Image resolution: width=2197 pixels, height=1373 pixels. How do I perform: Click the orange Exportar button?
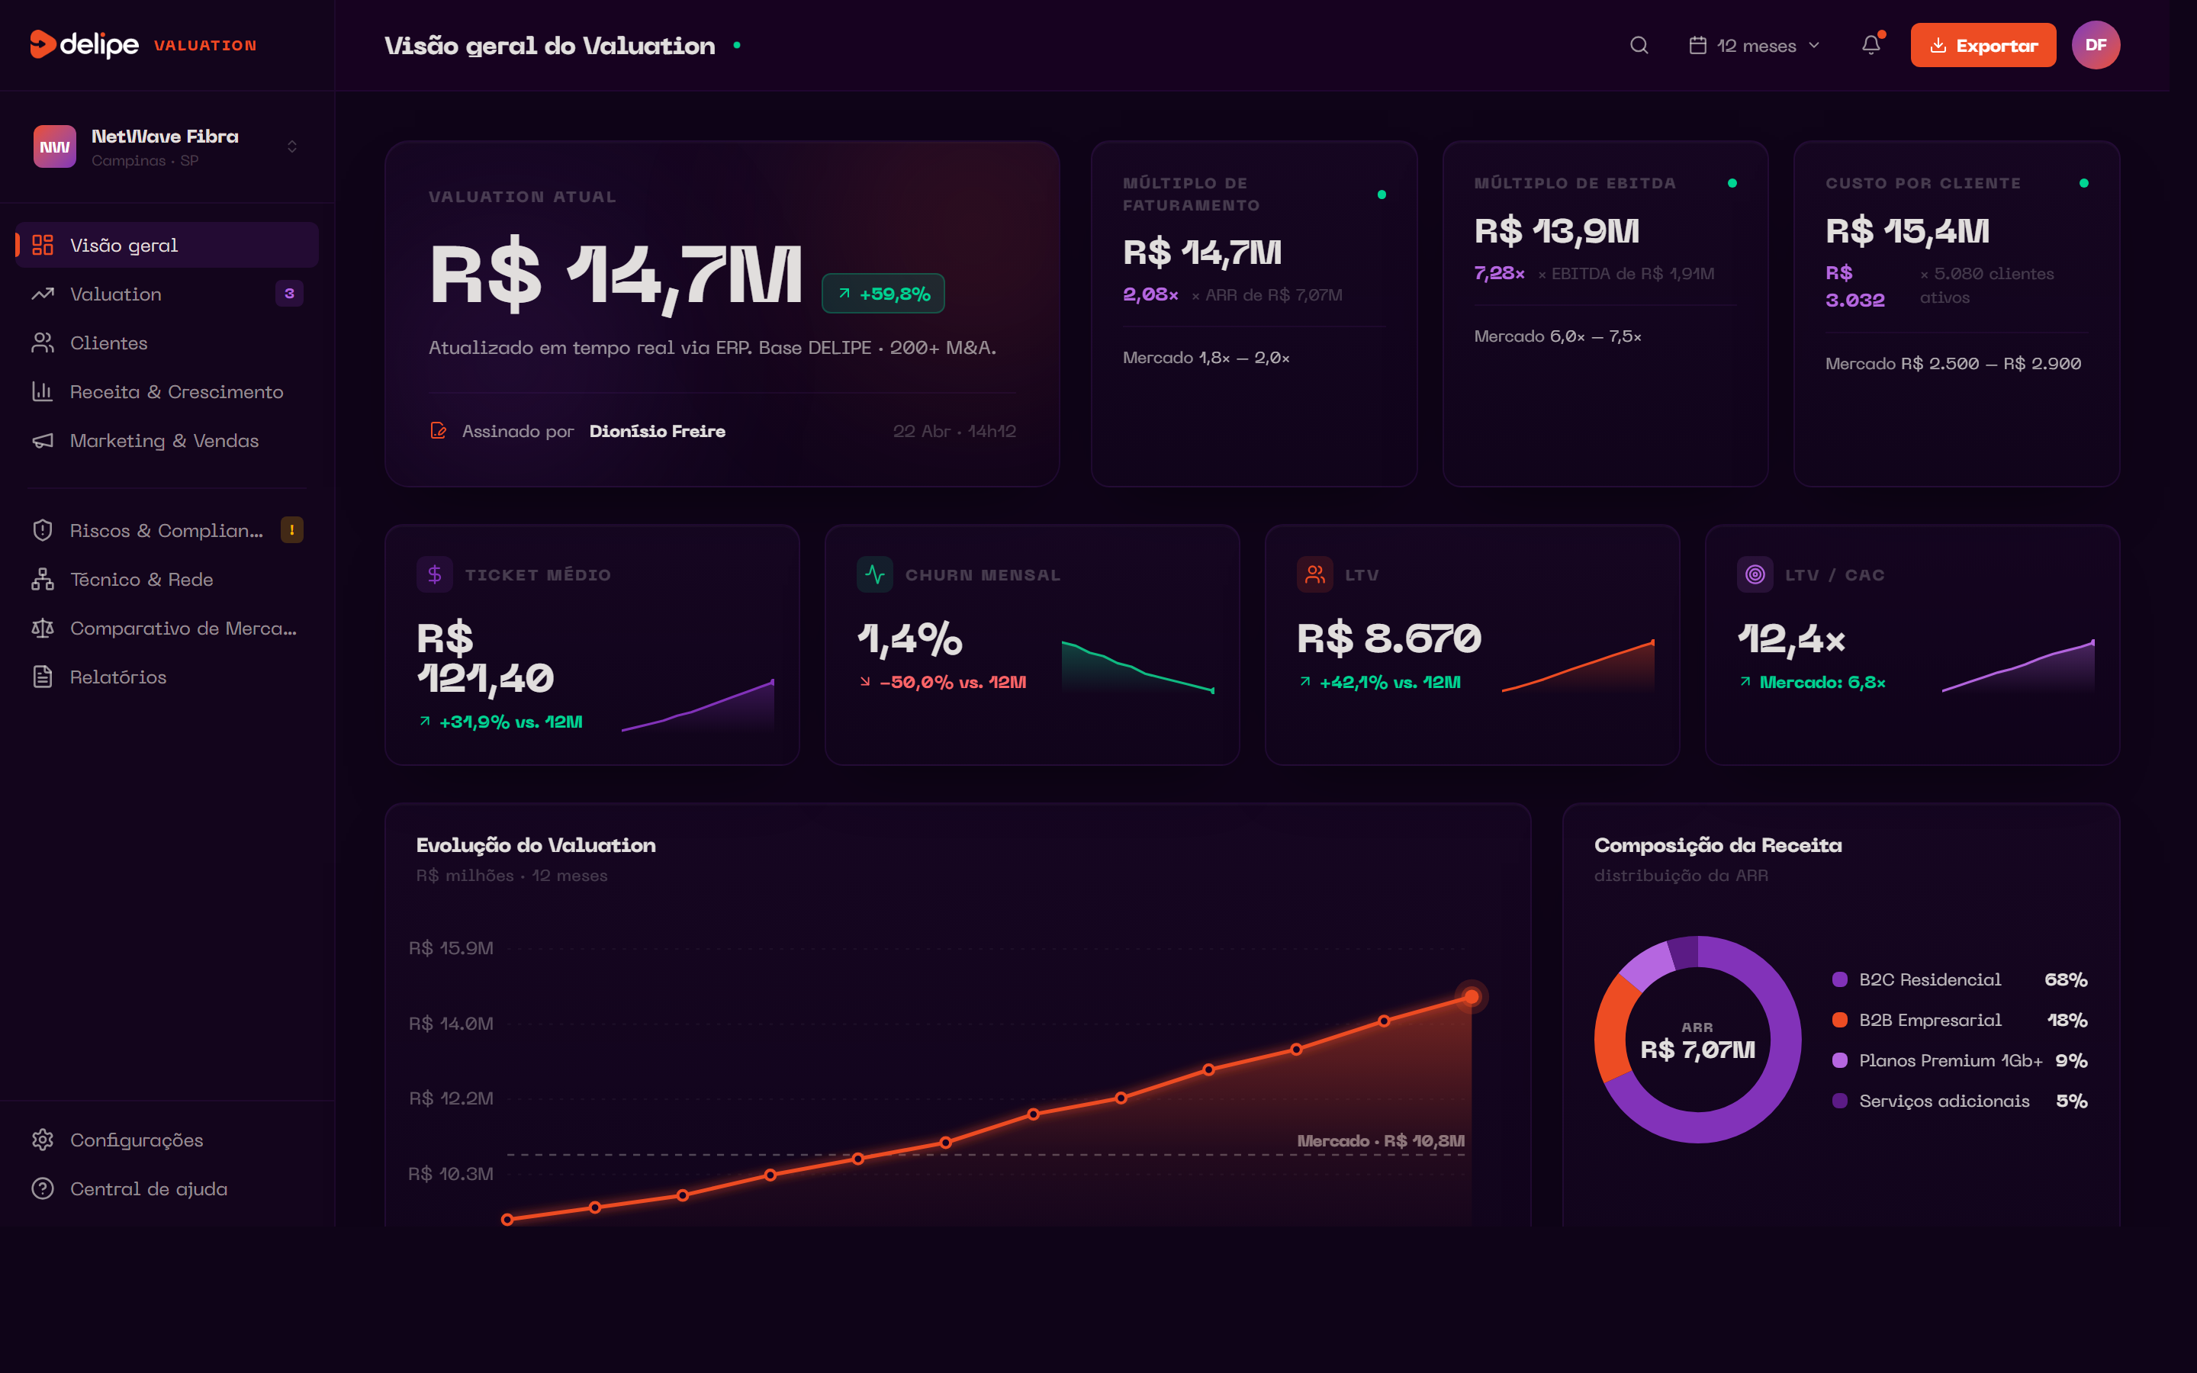point(1982,46)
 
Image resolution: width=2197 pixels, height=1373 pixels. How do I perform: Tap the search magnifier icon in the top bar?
point(1639,46)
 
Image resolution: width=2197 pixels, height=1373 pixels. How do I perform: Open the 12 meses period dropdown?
point(1754,46)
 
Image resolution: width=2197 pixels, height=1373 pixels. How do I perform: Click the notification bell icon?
point(1871,46)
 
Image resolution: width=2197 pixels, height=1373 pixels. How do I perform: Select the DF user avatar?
point(2096,46)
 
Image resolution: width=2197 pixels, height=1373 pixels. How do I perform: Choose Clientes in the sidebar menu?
point(108,343)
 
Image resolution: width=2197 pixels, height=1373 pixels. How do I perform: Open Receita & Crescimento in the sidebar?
point(176,392)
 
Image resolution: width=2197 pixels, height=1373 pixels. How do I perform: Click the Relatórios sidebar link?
point(118,677)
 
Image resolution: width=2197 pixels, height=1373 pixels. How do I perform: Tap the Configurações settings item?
point(137,1140)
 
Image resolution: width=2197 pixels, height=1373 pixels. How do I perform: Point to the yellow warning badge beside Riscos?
point(291,530)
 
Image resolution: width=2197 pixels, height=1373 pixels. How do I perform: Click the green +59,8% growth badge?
point(883,294)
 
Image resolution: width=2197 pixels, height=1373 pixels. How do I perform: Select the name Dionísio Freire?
point(658,431)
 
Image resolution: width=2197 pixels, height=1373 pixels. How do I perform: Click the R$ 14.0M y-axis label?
point(451,1024)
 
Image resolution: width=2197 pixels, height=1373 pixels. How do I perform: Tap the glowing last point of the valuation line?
point(1471,997)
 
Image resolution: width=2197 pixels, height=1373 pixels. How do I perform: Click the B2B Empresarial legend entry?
point(1929,1021)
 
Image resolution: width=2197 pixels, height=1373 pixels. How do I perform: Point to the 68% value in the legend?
point(2065,980)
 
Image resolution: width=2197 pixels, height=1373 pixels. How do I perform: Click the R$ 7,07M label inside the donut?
point(1697,1050)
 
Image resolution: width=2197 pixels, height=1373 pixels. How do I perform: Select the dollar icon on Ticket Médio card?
point(435,575)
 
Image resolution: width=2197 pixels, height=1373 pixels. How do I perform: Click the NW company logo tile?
point(54,147)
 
